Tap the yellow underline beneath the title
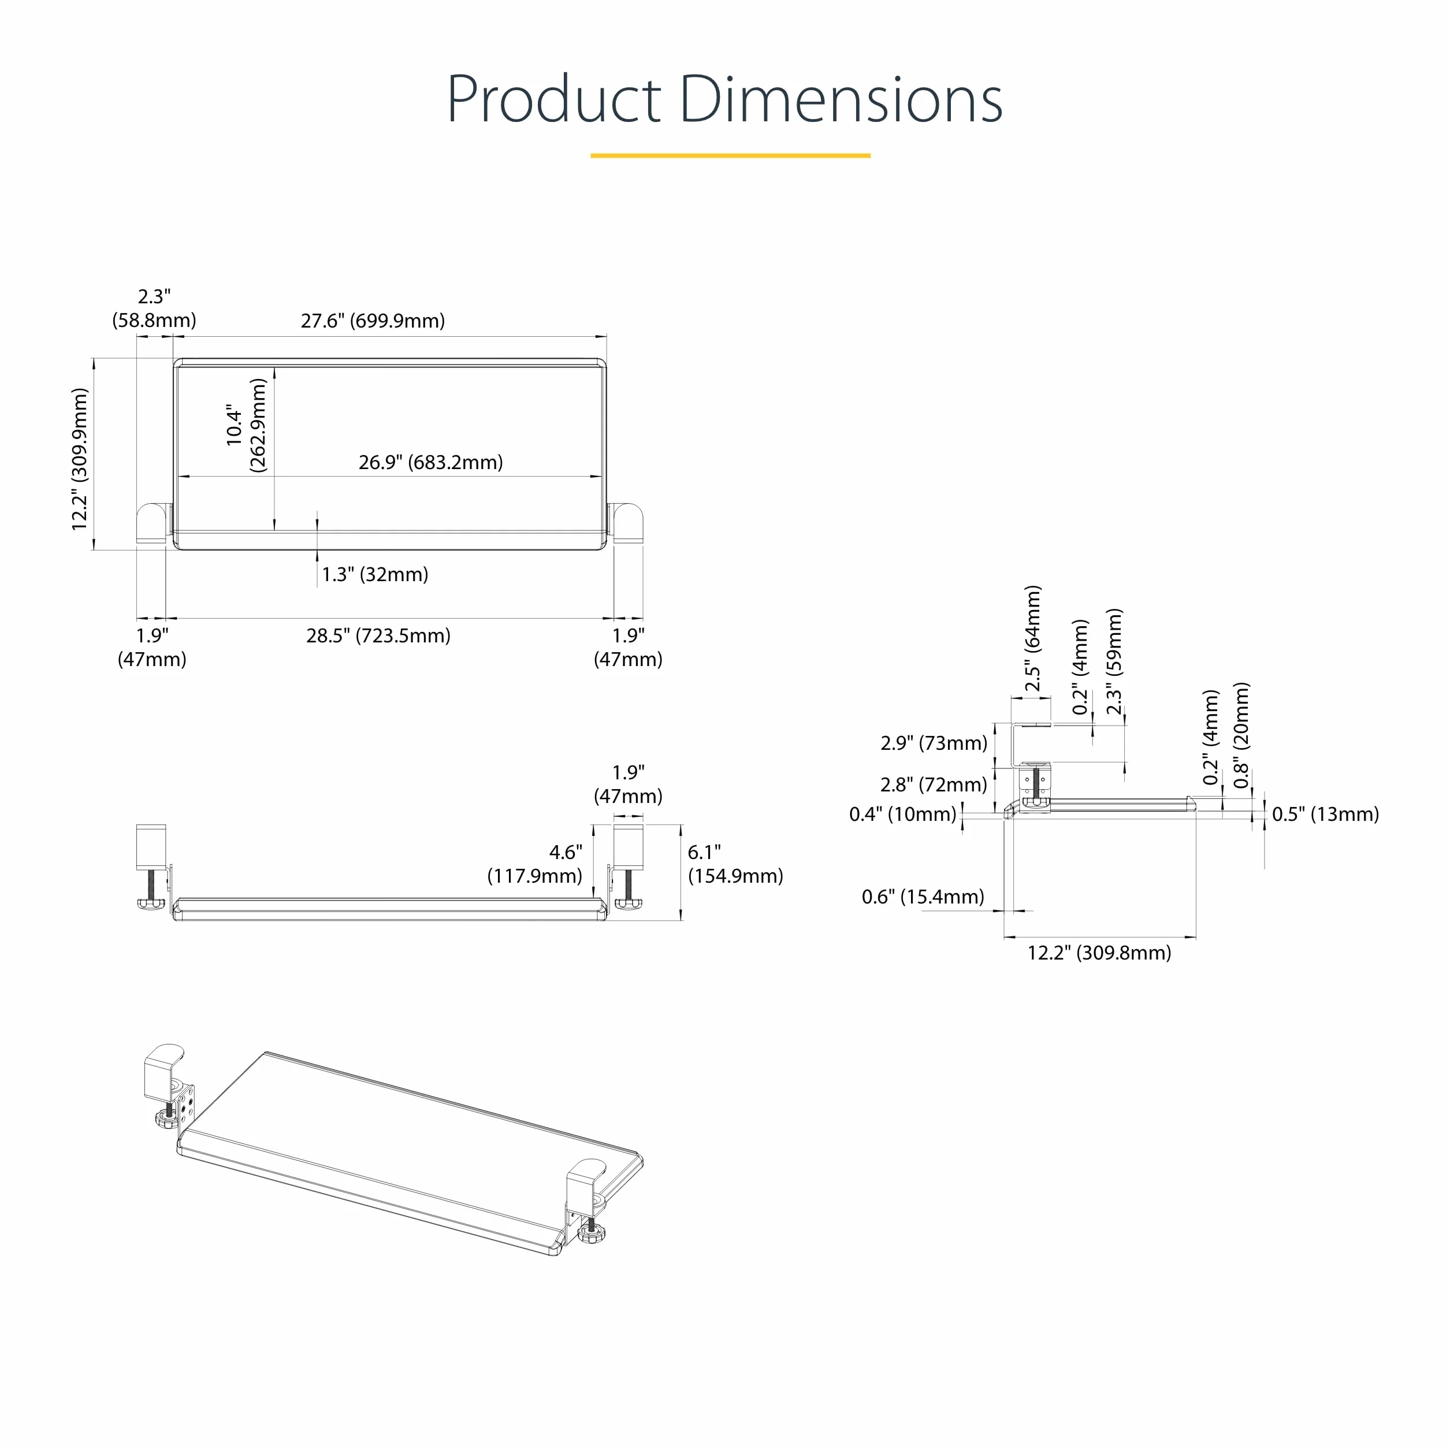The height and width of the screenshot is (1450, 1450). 730,155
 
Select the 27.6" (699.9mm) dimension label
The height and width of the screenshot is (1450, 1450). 373,321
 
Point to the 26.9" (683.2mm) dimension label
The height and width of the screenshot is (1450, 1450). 431,462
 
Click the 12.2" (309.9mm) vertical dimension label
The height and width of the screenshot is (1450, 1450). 80,459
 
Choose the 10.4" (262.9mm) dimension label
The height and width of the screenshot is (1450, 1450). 246,425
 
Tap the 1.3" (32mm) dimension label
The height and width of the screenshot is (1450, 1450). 375,575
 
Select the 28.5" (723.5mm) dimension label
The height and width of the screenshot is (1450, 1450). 378,635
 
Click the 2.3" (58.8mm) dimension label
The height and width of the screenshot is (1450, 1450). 154,308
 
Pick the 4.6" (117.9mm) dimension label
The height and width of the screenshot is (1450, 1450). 534,864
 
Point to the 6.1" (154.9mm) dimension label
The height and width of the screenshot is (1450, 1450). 735,864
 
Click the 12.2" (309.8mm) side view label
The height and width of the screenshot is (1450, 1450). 1099,953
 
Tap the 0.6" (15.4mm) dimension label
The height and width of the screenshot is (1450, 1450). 923,897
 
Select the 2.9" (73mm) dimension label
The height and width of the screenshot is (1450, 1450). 934,743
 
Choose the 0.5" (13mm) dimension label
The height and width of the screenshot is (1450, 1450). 1325,815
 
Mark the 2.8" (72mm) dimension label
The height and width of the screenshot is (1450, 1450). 934,785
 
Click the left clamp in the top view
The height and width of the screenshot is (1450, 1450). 154,523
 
